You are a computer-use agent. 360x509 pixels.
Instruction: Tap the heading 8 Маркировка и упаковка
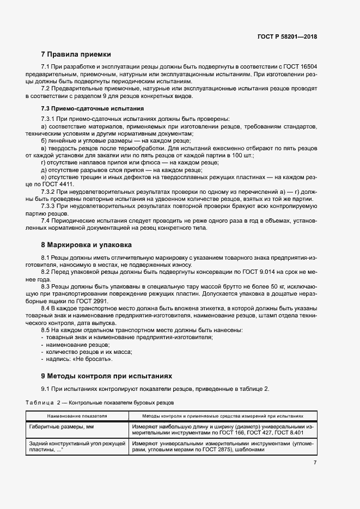pos(87,244)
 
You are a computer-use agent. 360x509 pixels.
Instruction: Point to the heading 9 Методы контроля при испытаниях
pos(107,376)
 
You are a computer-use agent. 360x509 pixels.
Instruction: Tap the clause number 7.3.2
pos(50,192)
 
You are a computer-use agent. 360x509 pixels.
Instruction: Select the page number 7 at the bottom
pos(315,463)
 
